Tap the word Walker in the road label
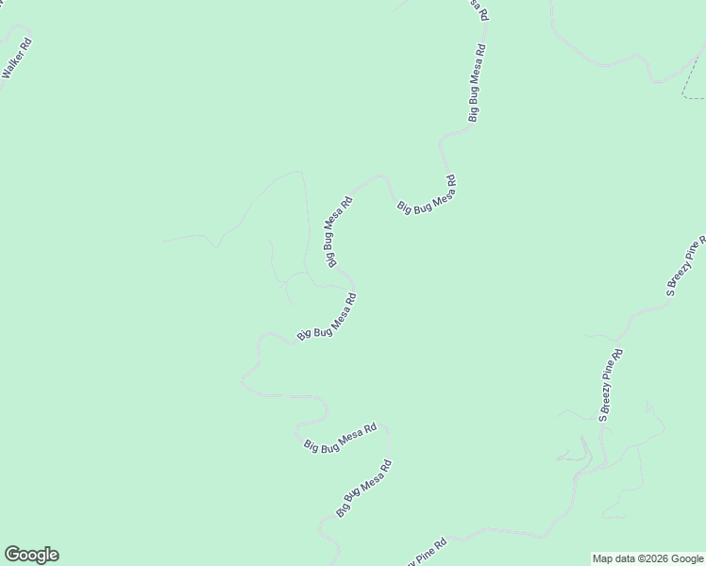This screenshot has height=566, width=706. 14,68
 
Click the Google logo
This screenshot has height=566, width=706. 31,555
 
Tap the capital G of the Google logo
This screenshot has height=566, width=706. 12,555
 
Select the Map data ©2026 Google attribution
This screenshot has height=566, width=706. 647,558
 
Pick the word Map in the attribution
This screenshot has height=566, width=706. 602,558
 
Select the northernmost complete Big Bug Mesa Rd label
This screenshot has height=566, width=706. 478,83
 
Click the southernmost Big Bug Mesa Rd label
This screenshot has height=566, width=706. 364,488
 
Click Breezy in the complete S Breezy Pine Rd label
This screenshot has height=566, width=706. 609,391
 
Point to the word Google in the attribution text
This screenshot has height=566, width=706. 686,558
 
